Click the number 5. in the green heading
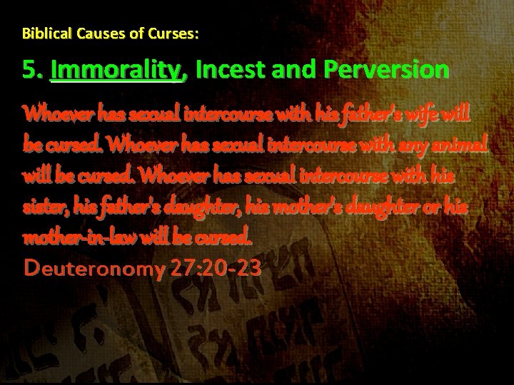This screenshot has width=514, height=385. [33, 71]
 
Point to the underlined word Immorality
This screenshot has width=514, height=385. [119, 71]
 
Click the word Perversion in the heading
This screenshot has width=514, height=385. [386, 71]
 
